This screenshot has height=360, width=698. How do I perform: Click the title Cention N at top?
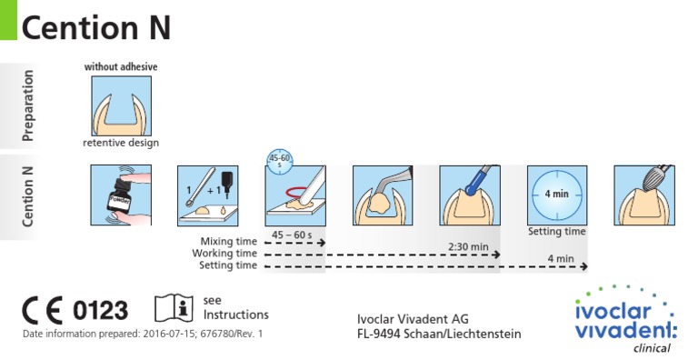click(x=95, y=28)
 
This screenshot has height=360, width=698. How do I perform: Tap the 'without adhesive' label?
click(x=121, y=67)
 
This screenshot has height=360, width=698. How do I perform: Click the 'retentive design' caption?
click(x=121, y=143)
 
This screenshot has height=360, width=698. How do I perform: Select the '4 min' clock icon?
click(x=556, y=195)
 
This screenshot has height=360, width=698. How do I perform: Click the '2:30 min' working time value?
click(x=468, y=246)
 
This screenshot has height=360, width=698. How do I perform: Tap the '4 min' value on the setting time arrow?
click(x=561, y=259)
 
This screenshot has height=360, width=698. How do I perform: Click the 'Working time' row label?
click(x=228, y=253)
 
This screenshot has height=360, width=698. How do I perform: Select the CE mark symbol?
click(x=42, y=310)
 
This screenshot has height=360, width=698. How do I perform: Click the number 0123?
click(x=100, y=310)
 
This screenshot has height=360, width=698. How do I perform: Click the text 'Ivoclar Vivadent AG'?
click(x=414, y=319)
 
